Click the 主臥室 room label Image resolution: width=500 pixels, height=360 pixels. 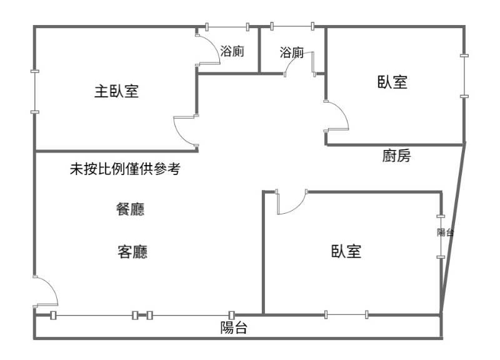pos(116,92)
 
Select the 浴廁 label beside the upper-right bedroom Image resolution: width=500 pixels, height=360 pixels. pos(292,52)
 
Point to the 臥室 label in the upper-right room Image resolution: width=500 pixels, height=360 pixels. pos(392,82)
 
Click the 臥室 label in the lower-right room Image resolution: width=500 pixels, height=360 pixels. pos(346,251)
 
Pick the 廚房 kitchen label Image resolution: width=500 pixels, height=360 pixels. pos(396,156)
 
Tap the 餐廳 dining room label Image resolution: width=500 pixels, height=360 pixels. pos(131,209)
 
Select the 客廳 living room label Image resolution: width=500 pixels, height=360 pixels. pos(132,252)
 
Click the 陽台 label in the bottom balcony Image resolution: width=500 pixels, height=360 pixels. pos(234,327)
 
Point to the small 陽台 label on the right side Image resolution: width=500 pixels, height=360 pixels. pos(445,232)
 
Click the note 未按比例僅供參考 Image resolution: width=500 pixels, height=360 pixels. pos(126,169)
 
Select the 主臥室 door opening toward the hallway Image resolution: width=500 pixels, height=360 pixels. pos(185,131)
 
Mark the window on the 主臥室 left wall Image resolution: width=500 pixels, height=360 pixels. pos(34,91)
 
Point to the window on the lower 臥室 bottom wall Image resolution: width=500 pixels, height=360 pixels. pos(346,314)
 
